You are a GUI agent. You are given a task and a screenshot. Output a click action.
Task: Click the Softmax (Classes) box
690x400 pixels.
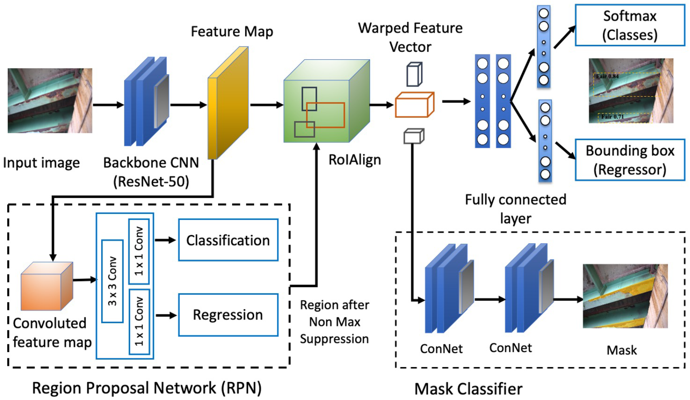click(x=630, y=25)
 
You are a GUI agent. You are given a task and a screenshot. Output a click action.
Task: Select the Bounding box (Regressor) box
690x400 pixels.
click(x=630, y=160)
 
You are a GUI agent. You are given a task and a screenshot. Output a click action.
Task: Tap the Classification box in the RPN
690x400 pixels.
click(x=228, y=240)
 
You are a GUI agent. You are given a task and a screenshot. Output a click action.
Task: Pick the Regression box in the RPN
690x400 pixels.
click(x=228, y=315)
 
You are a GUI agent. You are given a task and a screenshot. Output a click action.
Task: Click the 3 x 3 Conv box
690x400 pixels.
click(x=112, y=281)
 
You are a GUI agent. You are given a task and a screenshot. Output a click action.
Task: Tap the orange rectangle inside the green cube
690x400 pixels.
click(x=325, y=115)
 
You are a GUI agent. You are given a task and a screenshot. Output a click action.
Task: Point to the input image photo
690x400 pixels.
click(x=50, y=100)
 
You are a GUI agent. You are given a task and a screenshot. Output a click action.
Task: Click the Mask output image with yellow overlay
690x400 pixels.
click(x=625, y=296)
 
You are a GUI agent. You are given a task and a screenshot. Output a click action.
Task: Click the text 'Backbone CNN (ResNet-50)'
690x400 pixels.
click(x=151, y=172)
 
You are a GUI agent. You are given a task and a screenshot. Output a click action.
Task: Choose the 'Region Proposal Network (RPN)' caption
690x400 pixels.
click(x=147, y=388)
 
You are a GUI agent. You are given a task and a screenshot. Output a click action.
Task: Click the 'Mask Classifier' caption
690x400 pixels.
click(x=468, y=389)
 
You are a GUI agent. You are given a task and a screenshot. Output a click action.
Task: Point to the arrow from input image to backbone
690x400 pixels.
click(x=108, y=105)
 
